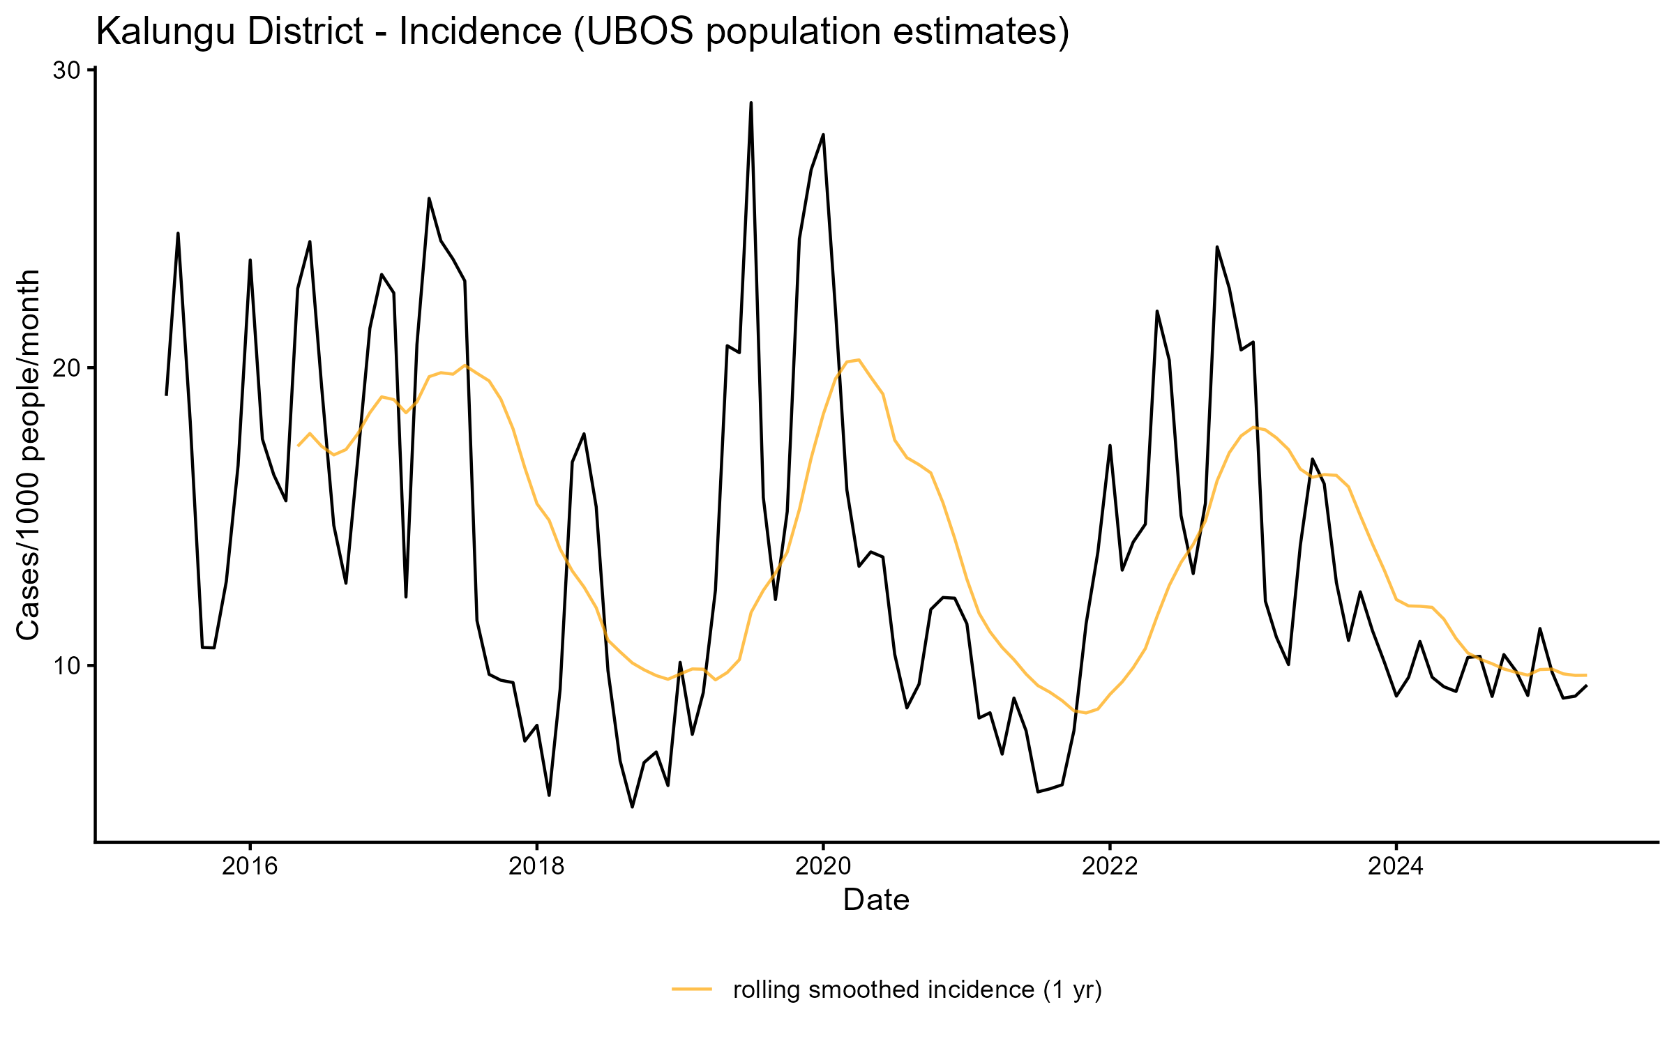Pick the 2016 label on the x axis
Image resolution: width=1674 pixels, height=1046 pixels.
250,866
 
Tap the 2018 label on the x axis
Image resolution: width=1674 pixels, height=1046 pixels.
536,866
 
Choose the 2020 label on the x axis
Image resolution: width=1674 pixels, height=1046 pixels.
823,866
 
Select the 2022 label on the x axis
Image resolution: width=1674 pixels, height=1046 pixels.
1110,866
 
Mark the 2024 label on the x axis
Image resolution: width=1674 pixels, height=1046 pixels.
1396,866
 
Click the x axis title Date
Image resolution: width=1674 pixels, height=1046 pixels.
876,900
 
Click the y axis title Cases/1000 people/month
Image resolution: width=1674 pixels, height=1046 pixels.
29,455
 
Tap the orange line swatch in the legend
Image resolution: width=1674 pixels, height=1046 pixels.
692,989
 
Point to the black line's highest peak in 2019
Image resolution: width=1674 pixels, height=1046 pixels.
751,103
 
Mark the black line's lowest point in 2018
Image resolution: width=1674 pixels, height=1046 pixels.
632,807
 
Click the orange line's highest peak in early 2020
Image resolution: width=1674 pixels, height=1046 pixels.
859,360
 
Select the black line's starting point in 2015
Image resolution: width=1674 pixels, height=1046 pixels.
166,395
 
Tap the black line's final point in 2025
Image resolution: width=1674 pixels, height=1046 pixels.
1587,685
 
